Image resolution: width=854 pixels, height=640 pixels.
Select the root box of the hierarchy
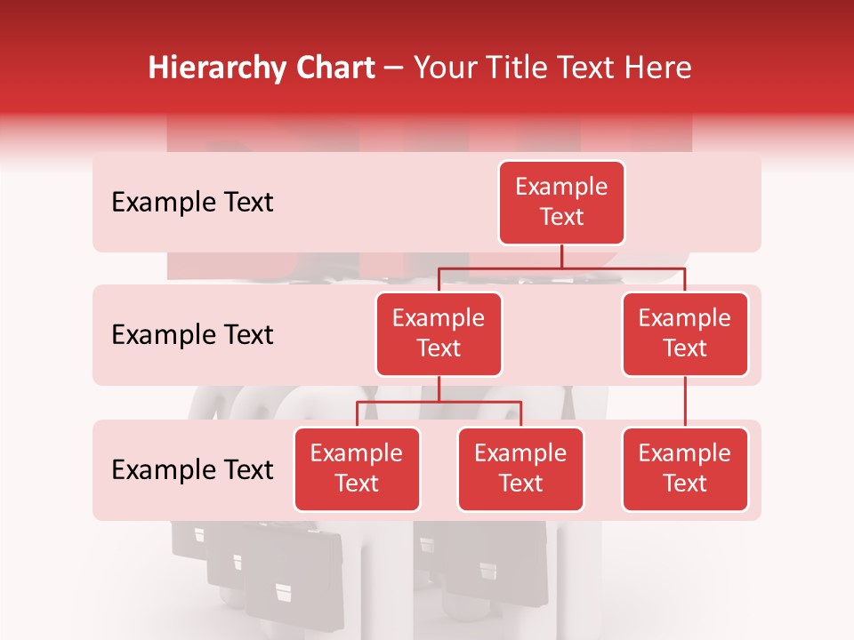561,202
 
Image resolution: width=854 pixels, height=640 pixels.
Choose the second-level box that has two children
439,333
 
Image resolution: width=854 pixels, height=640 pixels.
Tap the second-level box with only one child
685,333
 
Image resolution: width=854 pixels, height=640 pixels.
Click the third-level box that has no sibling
685,468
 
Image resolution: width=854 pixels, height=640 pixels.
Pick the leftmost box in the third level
357,468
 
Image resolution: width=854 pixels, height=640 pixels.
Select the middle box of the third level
520,468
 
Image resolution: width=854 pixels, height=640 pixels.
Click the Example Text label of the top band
192,203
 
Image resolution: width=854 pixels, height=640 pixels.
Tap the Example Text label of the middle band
192,335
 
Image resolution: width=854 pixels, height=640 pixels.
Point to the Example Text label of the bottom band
192,469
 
